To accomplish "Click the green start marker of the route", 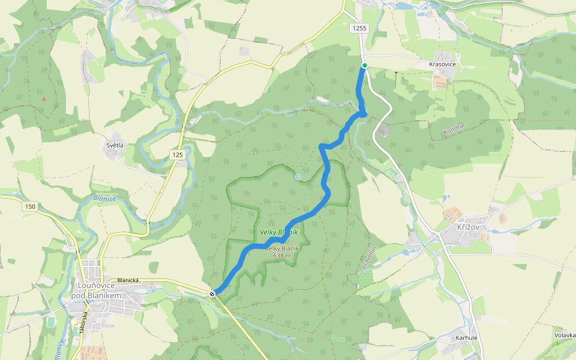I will [x=364, y=65].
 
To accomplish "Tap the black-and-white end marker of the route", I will [x=212, y=293].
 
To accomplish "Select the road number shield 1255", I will [x=359, y=28].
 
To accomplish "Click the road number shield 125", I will [x=177, y=155].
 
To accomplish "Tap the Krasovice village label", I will [x=443, y=64].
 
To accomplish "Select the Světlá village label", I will [x=115, y=146].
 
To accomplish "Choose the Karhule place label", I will [x=466, y=338].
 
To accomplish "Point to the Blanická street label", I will [x=128, y=280].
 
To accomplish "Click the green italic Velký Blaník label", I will [x=278, y=232].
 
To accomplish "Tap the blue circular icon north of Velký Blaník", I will [x=298, y=176].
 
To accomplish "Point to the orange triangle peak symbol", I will [x=43, y=98].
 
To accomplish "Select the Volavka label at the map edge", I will [x=565, y=335].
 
